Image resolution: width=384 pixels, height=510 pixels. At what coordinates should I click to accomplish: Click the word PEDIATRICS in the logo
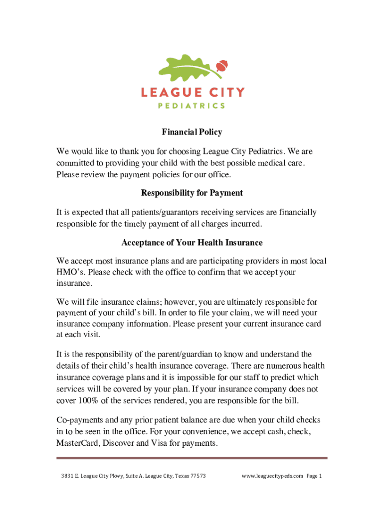point(192,106)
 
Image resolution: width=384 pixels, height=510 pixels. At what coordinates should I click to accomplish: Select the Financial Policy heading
point(192,132)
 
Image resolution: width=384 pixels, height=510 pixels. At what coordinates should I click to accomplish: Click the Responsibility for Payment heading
point(192,193)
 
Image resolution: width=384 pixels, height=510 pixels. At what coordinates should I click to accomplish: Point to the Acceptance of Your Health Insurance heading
point(192,243)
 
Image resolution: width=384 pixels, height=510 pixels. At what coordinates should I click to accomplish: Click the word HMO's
point(70,272)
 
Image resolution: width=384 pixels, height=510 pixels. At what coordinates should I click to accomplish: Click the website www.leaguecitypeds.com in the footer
point(272,476)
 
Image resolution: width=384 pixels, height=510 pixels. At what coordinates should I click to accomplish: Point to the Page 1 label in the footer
point(315,476)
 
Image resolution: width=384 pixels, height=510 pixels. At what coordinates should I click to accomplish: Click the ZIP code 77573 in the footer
point(197,476)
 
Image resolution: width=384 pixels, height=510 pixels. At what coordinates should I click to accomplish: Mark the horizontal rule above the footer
point(192,458)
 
